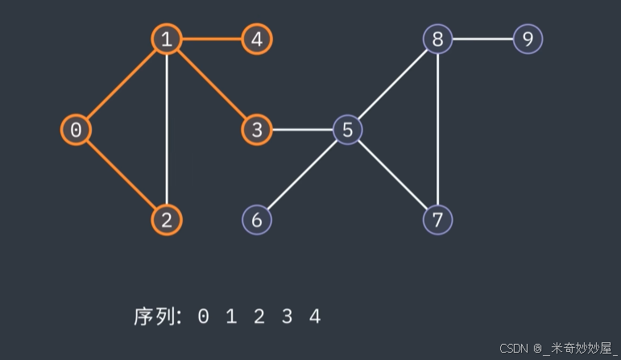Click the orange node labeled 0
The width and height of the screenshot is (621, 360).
[76, 129]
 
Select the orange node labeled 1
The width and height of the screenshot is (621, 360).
[166, 39]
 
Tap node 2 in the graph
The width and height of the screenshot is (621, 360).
[166, 219]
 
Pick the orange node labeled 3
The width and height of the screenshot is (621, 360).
[257, 129]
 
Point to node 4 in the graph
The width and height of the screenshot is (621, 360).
[257, 39]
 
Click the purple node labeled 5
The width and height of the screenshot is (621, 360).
[347, 129]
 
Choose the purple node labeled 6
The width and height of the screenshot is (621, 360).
[257, 219]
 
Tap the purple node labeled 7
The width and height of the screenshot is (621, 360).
[437, 219]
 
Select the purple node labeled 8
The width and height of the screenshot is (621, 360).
[437, 39]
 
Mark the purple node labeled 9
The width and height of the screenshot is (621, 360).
[528, 39]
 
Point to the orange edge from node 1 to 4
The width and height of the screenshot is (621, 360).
[211, 39]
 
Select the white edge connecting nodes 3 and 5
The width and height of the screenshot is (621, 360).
[302, 129]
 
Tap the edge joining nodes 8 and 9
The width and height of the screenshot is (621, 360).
[482, 39]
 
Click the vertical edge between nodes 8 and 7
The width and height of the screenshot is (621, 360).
[437, 129]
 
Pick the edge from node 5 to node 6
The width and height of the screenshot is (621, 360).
[302, 174]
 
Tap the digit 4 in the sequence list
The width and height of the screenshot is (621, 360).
[315, 317]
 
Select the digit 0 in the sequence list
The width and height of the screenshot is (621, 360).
[203, 317]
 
